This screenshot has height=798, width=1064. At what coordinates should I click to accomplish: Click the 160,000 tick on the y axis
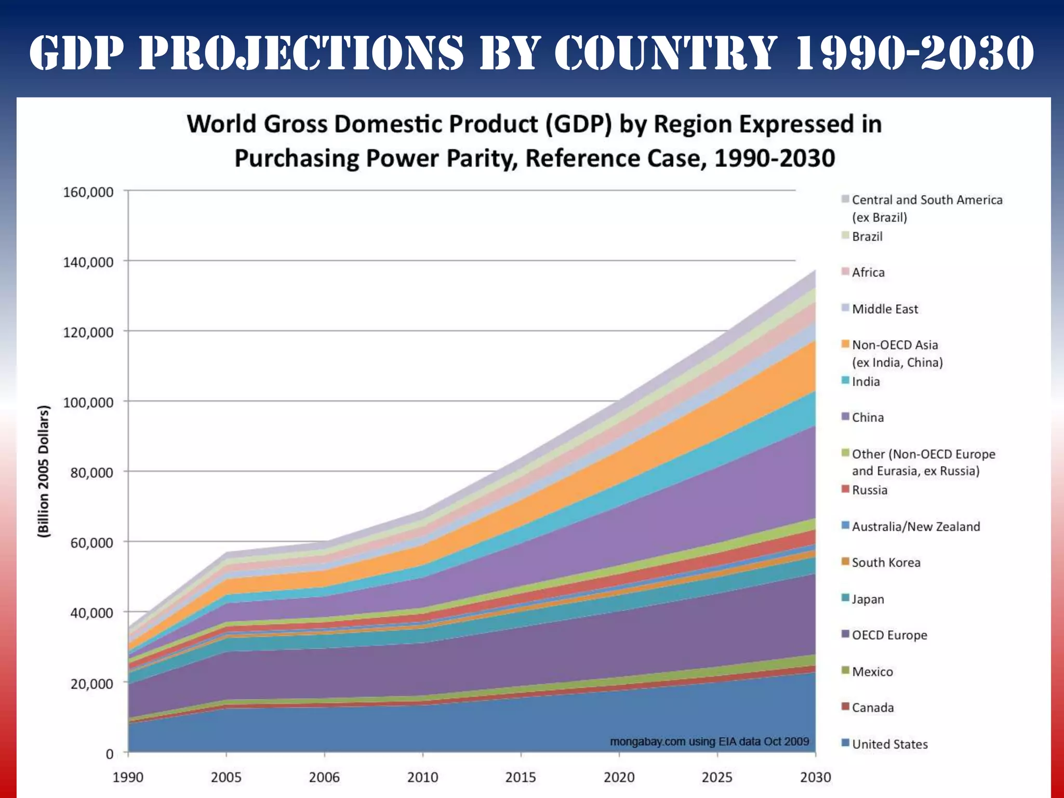pyautogui.click(x=88, y=192)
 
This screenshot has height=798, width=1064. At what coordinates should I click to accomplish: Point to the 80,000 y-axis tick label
pyautogui.click(x=88, y=473)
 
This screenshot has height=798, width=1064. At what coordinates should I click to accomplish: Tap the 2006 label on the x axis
pyautogui.click(x=324, y=777)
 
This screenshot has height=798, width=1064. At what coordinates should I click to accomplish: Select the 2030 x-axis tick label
pyautogui.click(x=815, y=777)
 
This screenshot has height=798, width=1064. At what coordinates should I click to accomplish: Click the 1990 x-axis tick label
pyautogui.click(x=128, y=777)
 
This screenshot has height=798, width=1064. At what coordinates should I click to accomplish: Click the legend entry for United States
pyautogui.click(x=889, y=744)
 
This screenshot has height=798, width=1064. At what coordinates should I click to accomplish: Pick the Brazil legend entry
pyautogui.click(x=867, y=236)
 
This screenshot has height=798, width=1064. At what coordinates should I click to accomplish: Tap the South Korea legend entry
pyautogui.click(x=886, y=563)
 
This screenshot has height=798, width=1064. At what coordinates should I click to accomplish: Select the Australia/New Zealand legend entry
pyautogui.click(x=915, y=527)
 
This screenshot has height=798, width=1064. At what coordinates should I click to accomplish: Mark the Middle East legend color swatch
pyautogui.click(x=845, y=308)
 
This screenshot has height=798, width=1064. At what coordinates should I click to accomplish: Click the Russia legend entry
pyautogui.click(x=870, y=490)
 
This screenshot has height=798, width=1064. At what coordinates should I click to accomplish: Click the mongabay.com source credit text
pyautogui.click(x=709, y=741)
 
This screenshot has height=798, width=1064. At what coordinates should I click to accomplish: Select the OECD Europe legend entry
pyautogui.click(x=889, y=635)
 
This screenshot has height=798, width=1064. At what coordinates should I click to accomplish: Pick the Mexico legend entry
pyautogui.click(x=872, y=672)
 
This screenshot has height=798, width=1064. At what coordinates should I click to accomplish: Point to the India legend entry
pyautogui.click(x=866, y=382)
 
